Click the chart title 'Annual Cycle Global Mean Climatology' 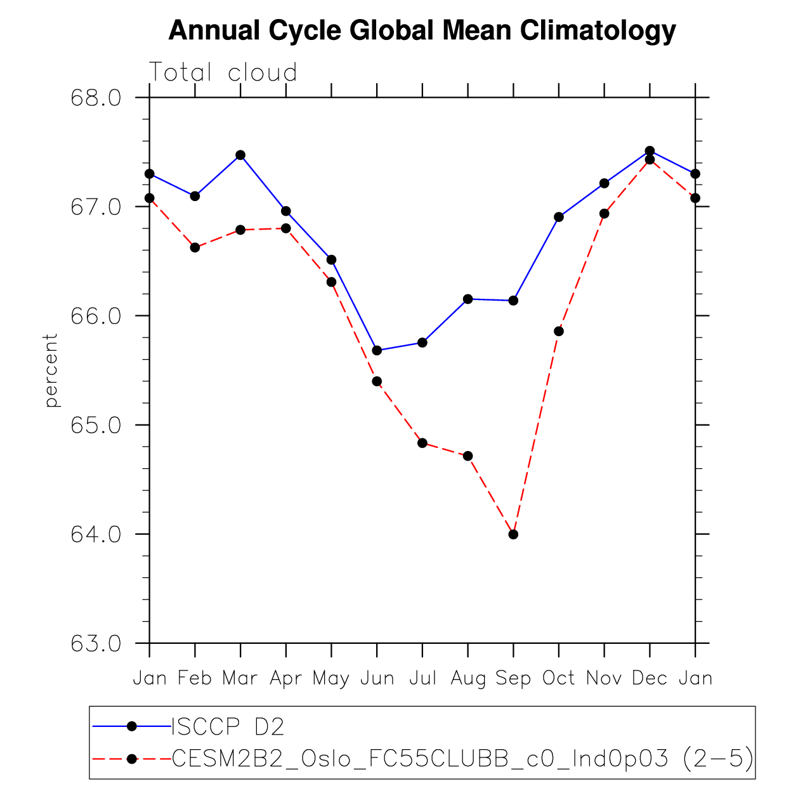(422, 30)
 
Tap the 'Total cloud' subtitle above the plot (223, 73)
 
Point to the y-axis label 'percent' (51, 370)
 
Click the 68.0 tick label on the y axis (96, 98)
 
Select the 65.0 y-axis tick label (96, 425)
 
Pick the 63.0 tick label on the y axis (96, 644)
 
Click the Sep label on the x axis (513, 678)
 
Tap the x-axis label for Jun (377, 678)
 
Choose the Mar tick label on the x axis (240, 678)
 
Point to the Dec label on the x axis (650, 678)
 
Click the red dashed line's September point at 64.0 (513, 534)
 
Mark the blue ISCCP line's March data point (240, 155)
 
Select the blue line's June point (377, 350)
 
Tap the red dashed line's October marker (559, 331)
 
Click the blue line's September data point (513, 300)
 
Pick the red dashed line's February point (195, 247)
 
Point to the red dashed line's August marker (468, 456)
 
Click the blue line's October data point (559, 217)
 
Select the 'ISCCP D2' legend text (228, 727)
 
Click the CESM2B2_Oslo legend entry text (462, 758)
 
